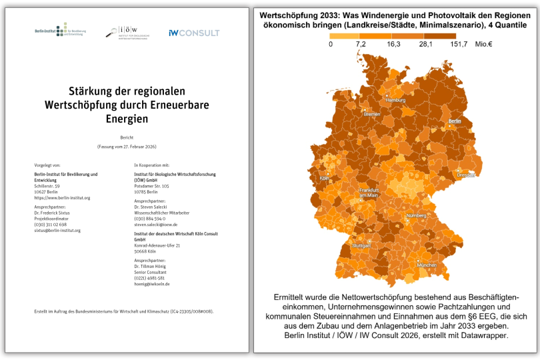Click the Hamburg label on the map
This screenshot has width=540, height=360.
pos(395,100)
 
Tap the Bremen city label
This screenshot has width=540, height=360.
pos(371,114)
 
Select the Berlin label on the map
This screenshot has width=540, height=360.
pos(455,121)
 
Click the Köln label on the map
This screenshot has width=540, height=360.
pos(325,178)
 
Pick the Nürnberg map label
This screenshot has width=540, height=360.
pos(416,215)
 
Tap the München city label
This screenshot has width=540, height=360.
pos(427,265)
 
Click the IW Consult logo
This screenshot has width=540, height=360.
pos(194,33)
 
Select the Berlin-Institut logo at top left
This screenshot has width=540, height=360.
pos(61,31)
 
